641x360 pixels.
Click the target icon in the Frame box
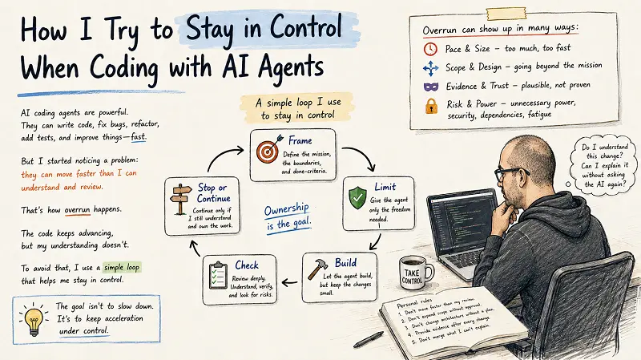269,149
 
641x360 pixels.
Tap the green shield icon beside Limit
357,197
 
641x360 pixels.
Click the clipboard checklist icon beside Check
218,275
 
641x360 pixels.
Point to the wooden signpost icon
181,199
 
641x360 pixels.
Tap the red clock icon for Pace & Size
430,49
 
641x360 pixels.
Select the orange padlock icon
431,106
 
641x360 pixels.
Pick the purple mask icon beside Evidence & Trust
431,87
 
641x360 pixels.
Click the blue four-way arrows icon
430,68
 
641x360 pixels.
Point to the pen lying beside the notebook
369,339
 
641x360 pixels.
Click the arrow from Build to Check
290,282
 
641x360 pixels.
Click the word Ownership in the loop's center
286,209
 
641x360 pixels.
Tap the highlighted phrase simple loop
122,267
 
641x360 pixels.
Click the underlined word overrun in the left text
77,209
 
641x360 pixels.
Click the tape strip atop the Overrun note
506,14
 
